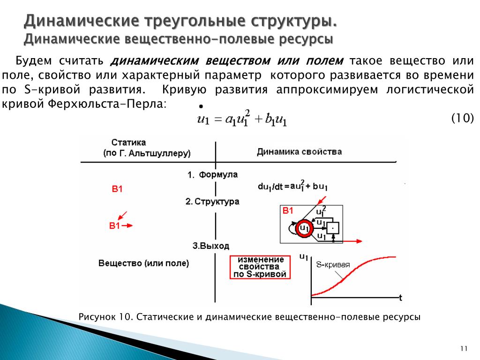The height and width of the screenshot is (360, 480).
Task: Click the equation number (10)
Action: pyautogui.click(x=463, y=118)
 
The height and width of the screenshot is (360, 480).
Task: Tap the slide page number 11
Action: pyautogui.click(x=464, y=348)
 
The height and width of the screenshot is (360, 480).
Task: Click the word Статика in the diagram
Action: pyautogui.click(x=129, y=142)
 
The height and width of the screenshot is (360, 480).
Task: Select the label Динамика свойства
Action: pyautogui.click(x=299, y=152)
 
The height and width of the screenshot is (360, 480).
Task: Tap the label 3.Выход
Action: pyautogui.click(x=211, y=246)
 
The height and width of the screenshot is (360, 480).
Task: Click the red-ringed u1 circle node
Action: pyautogui.click(x=304, y=229)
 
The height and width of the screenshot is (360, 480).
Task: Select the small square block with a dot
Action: pyautogui.click(x=332, y=228)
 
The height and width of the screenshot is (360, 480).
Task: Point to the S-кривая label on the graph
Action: pyautogui.click(x=333, y=264)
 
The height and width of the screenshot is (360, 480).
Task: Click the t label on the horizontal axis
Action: pyautogui.click(x=400, y=297)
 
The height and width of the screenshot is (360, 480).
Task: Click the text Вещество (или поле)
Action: pyautogui.click(x=143, y=263)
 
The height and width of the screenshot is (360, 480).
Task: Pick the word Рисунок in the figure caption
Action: pyautogui.click(x=97, y=317)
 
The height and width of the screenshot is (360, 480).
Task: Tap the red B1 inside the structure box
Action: pyautogui.click(x=287, y=211)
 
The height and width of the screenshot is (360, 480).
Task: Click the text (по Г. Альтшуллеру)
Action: pyautogui.click(x=147, y=153)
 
